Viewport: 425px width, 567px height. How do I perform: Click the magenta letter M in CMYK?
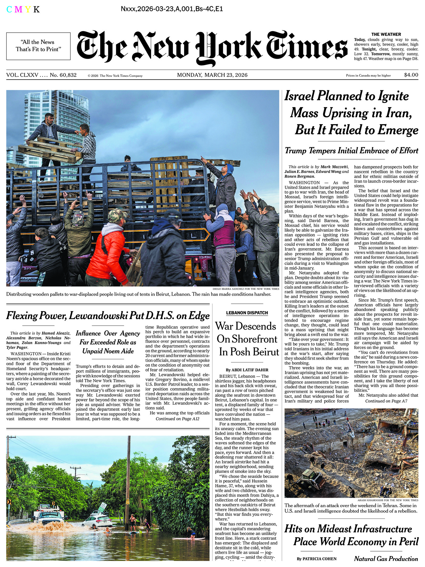18,9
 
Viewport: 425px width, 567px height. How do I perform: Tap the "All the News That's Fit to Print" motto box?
38,46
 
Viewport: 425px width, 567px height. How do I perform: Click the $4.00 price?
411,75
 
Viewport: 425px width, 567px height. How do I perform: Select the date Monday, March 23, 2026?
212,75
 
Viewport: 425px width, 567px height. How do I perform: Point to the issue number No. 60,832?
63,75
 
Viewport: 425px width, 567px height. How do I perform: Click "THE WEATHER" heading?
386,35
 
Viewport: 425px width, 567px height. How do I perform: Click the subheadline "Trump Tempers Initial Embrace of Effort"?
351,151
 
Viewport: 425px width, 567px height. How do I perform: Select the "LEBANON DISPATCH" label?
247,313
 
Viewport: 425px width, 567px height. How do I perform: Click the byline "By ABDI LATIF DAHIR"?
247,370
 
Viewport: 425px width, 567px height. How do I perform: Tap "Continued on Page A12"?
177,419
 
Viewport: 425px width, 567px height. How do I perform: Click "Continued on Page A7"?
386,401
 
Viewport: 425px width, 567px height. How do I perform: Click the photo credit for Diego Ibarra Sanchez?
246,289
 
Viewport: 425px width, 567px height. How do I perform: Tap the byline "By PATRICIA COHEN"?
317,559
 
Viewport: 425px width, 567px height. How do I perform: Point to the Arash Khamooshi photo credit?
388,500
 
